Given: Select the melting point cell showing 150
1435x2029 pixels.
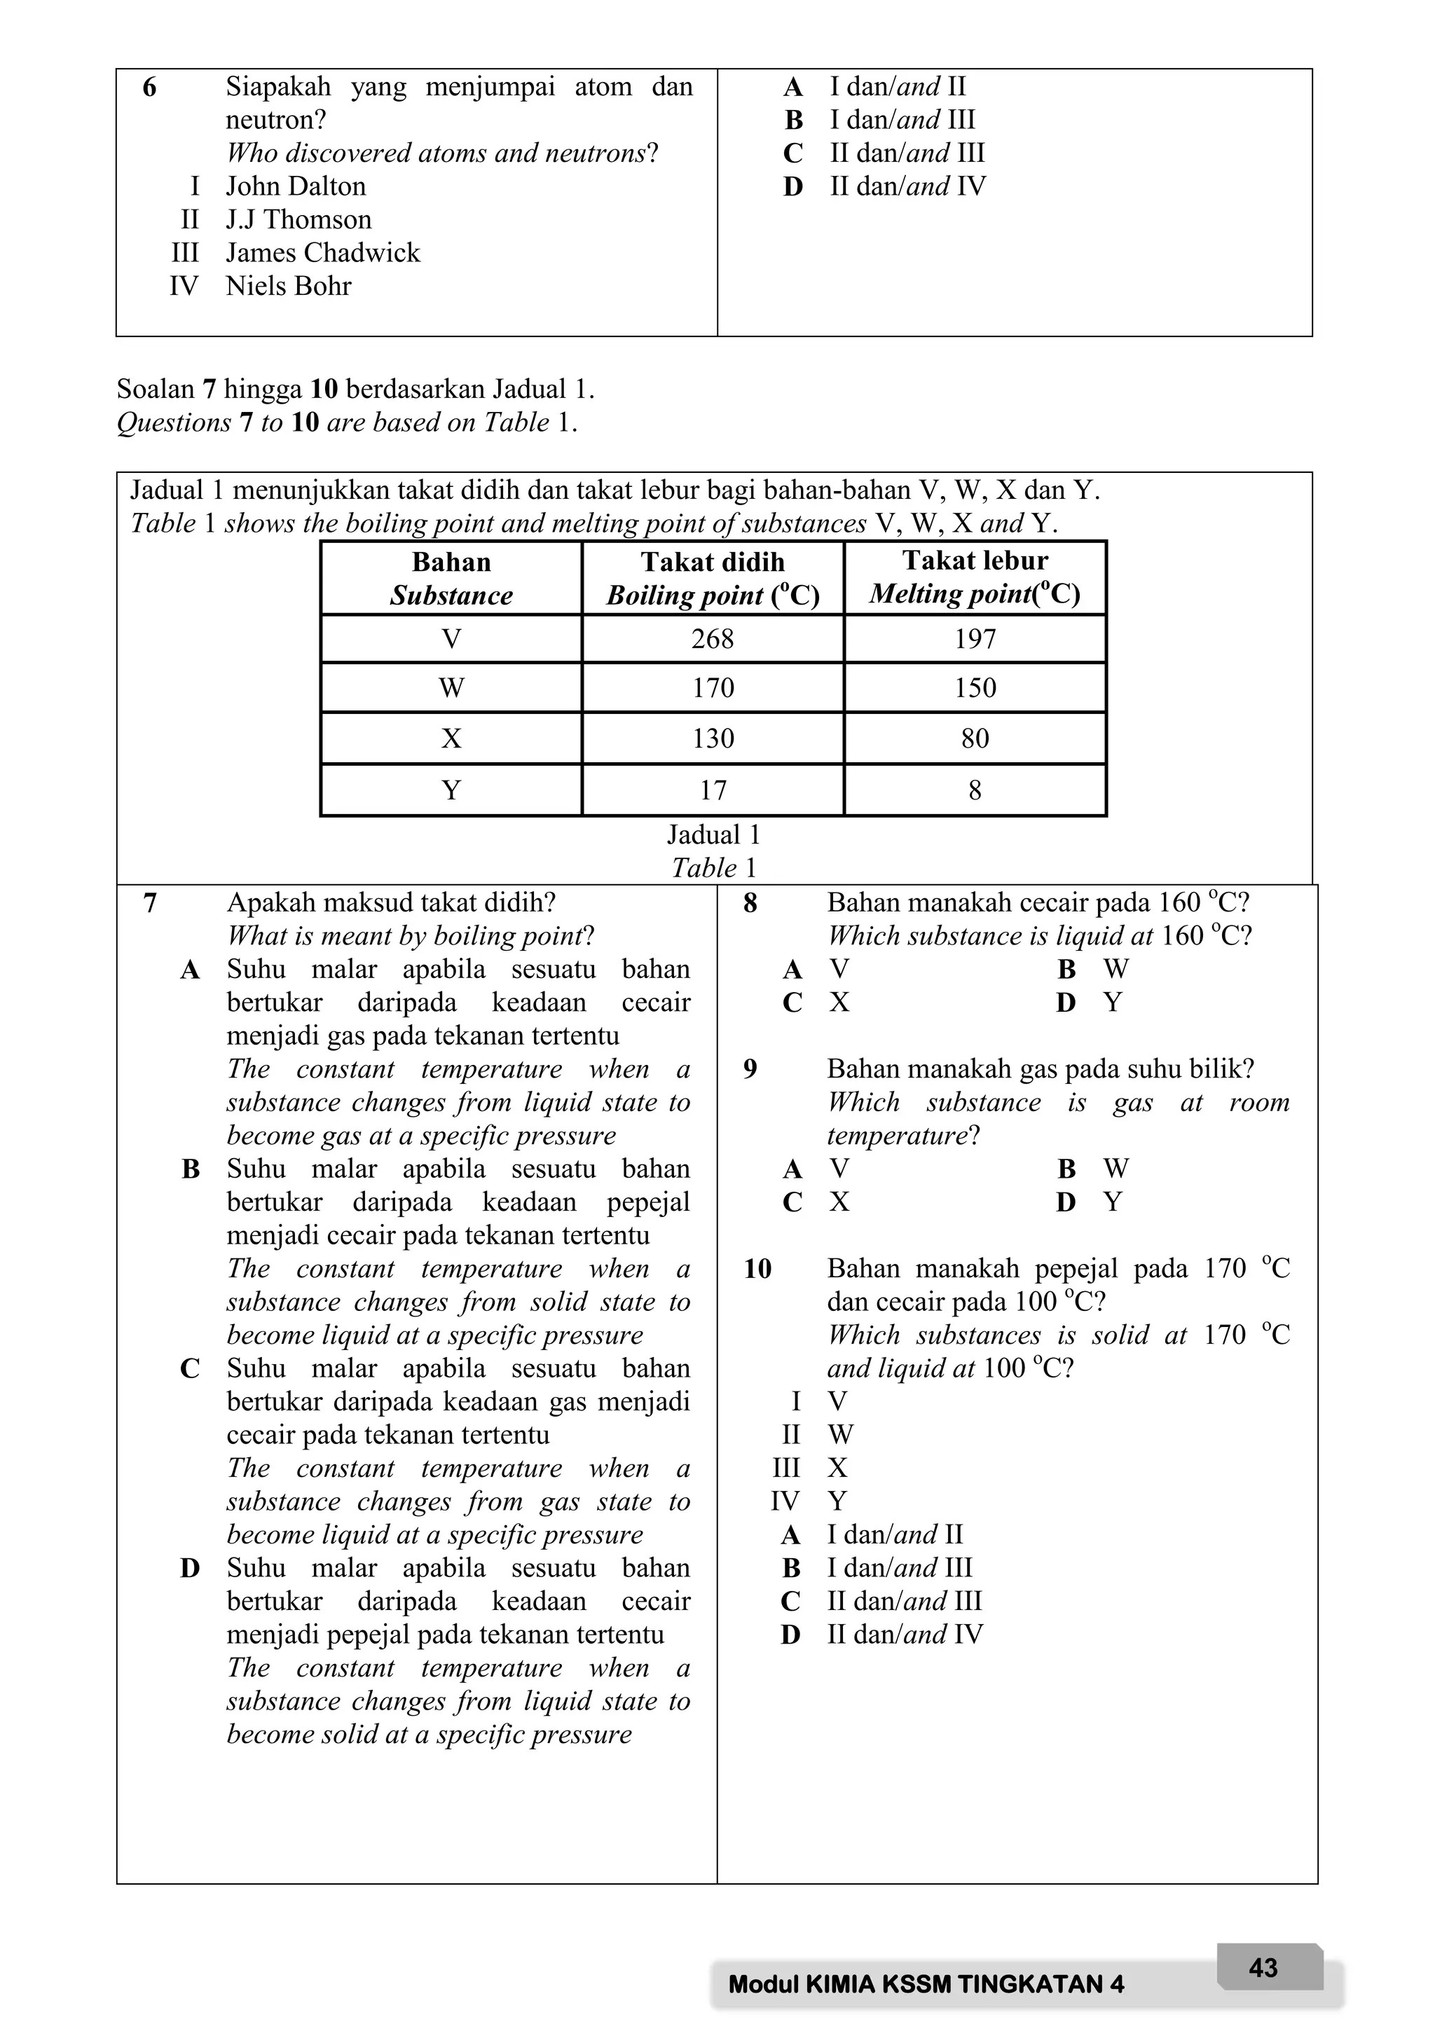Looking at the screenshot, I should click(975, 687).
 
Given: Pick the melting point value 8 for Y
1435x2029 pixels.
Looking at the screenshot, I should click(975, 790).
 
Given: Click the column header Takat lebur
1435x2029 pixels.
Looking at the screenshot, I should click(975, 561).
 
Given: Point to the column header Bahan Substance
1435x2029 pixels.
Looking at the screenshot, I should click(451, 578).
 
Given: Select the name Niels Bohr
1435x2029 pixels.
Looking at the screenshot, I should click(288, 287).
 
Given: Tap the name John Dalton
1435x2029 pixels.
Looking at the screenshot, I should click(295, 186).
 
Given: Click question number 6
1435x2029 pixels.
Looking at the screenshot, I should click(149, 88).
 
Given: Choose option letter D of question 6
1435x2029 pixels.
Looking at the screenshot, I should click(792, 187).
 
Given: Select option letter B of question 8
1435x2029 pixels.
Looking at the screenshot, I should click(1066, 970).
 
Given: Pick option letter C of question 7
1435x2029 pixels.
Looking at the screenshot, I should click(189, 1369).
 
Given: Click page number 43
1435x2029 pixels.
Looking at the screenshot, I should click(1263, 1967).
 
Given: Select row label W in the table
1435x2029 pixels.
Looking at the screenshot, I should click(451, 687).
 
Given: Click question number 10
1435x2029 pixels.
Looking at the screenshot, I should click(757, 1269).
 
